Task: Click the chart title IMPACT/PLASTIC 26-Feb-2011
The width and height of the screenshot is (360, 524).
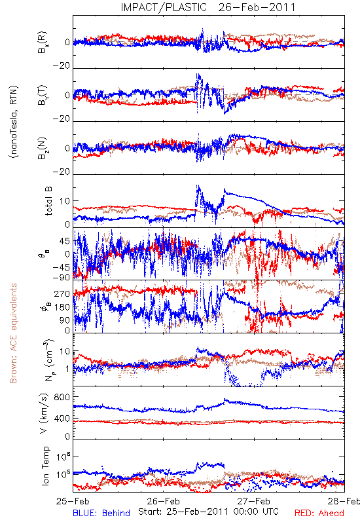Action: pos(207,7)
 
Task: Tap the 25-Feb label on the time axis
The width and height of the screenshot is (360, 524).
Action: pos(73,501)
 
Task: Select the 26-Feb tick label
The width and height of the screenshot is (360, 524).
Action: pos(163,501)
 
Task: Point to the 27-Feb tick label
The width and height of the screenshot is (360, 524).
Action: pos(254,501)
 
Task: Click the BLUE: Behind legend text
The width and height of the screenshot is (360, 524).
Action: pos(101,514)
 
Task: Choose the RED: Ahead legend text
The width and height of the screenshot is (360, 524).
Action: pos(319,514)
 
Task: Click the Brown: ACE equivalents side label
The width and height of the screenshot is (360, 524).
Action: pos(13,333)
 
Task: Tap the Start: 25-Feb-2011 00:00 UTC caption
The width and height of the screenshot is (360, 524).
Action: pos(208,512)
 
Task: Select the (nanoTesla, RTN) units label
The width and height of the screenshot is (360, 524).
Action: pos(14,122)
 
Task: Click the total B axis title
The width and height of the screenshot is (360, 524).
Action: pos(48,201)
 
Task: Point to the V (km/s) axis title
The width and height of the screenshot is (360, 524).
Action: pos(44,413)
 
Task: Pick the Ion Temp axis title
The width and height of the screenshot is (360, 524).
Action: pos(45,466)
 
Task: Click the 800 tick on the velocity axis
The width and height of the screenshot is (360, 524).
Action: pos(62,397)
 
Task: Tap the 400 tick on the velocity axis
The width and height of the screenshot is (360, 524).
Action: pos(62,419)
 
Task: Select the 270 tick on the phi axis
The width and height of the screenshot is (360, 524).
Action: pos(62,293)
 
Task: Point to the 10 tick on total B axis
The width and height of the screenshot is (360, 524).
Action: pos(65,201)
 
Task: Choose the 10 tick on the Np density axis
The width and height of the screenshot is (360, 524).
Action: pos(65,352)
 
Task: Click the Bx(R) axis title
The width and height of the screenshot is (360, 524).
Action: pos(43,42)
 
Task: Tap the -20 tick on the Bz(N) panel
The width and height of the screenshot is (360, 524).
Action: pos(62,172)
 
